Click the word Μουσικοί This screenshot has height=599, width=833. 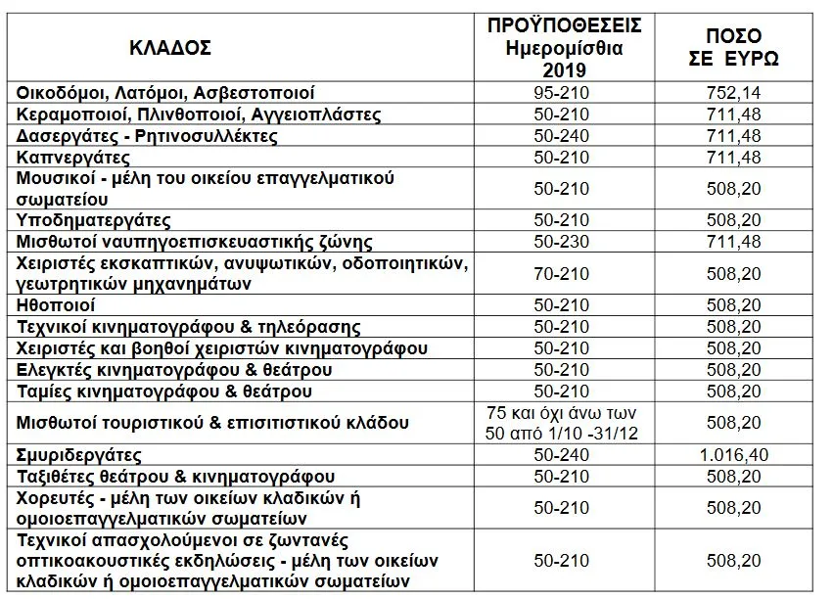pyautogui.click(x=54, y=178)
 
